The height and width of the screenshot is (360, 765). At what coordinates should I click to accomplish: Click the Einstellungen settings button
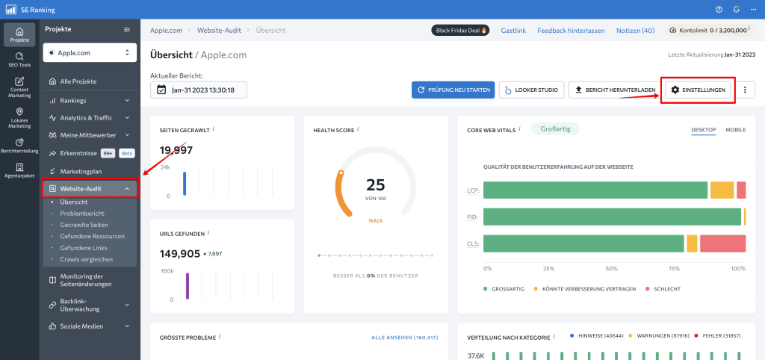click(699, 90)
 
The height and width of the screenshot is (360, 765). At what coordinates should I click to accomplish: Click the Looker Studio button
click(531, 90)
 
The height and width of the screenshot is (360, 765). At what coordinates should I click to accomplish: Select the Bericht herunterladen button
click(615, 90)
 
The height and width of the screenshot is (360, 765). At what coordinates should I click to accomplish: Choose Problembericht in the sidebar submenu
click(82, 213)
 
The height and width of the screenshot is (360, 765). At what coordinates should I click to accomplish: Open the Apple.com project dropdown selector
click(89, 53)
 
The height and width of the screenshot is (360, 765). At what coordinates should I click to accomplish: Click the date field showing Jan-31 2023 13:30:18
click(198, 90)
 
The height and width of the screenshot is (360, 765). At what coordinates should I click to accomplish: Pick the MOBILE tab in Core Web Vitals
click(735, 130)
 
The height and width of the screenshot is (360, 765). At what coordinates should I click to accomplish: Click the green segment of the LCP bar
click(595, 190)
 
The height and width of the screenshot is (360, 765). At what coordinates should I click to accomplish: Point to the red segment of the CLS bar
click(722, 243)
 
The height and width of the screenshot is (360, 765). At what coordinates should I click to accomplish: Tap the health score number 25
click(375, 184)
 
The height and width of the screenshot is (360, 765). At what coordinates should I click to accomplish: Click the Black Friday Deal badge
click(460, 31)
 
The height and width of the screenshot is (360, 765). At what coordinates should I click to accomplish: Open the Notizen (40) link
click(635, 31)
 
